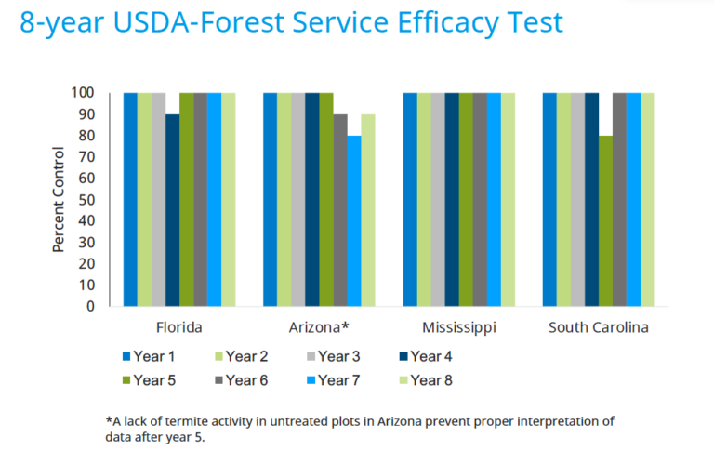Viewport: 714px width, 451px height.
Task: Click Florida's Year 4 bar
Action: pyautogui.click(x=173, y=210)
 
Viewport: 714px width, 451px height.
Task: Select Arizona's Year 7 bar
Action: pyautogui.click(x=354, y=221)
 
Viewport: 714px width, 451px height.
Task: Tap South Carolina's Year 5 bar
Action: pyautogui.click(x=605, y=221)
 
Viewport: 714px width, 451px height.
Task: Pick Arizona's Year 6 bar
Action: pyautogui.click(x=340, y=210)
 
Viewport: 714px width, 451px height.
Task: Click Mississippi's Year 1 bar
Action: pyautogui.click(x=410, y=200)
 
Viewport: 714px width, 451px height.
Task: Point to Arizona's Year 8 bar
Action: pyautogui.click(x=368, y=210)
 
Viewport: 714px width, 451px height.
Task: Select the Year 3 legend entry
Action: pyautogui.click(x=334, y=356)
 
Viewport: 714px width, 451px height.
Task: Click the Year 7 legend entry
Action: pyautogui.click(x=334, y=380)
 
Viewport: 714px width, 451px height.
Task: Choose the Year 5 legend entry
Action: pyautogui.click(x=149, y=380)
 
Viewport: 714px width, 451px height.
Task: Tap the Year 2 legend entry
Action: pyautogui.click(x=242, y=356)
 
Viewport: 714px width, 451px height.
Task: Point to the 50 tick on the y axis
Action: pyautogui.click(x=86, y=200)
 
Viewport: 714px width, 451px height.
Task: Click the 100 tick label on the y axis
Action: pyautogui.click(x=83, y=93)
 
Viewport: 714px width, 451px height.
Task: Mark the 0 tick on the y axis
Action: pyautogui.click(x=90, y=306)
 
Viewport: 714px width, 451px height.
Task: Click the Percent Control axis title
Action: pyautogui.click(x=59, y=200)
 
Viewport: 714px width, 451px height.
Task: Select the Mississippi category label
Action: pyautogui.click(x=459, y=328)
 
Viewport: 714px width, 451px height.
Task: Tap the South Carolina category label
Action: pyautogui.click(x=599, y=327)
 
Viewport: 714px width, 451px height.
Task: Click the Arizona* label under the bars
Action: pyautogui.click(x=319, y=327)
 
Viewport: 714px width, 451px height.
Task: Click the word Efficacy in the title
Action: pyautogui.click(x=448, y=23)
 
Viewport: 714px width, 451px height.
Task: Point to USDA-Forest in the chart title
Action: pyautogui.click(x=199, y=22)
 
